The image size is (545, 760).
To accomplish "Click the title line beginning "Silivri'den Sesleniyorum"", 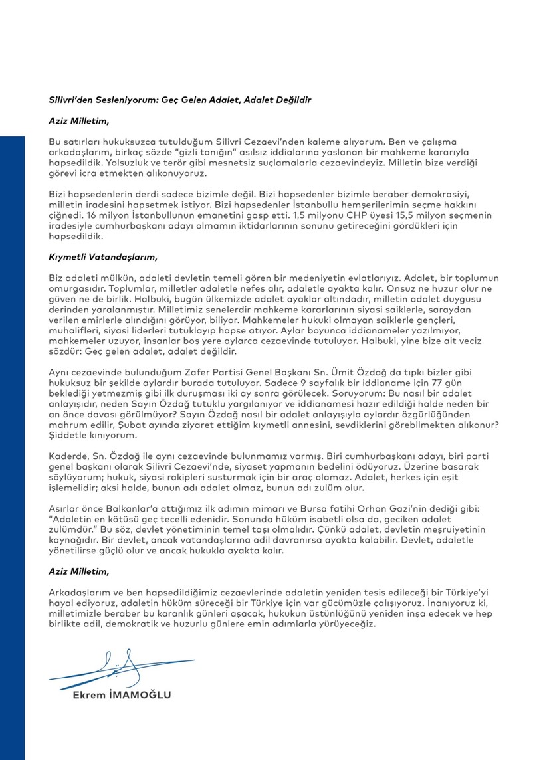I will click(179, 99).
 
